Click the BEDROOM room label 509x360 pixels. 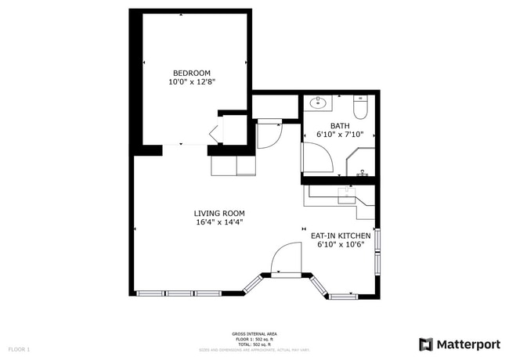191,73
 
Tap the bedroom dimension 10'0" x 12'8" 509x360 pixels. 191,81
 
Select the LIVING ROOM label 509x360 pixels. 219,213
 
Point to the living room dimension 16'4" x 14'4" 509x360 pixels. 219,222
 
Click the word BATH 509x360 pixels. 340,125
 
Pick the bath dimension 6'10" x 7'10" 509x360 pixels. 340,135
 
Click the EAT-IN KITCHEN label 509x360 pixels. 341,235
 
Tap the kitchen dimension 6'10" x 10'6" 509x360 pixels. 341,244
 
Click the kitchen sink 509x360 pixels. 348,195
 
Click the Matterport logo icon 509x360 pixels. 426,344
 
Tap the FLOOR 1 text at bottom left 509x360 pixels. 19,349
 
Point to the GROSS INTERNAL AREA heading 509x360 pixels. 254,333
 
